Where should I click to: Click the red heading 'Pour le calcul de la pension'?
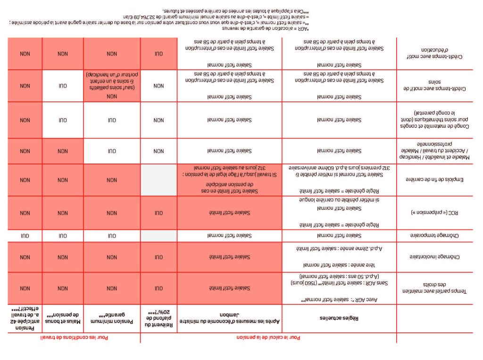(x=268, y=338)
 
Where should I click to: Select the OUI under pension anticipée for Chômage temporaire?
(x=25, y=235)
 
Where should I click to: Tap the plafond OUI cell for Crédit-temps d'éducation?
(x=159, y=54)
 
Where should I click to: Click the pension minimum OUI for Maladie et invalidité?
(x=112, y=151)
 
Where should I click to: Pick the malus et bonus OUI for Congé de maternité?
(x=63, y=120)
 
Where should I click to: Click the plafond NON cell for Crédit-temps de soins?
(x=159, y=86)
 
